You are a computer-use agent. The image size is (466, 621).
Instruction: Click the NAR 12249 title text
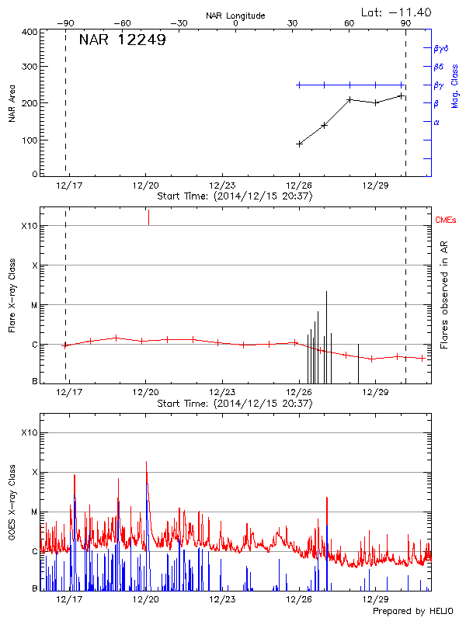click(x=122, y=40)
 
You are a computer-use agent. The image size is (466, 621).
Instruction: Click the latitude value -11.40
click(x=397, y=12)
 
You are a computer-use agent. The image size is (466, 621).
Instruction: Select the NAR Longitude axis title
click(x=235, y=16)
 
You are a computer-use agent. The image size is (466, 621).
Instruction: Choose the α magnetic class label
click(x=436, y=122)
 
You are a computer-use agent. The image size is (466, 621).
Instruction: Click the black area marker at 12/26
click(x=299, y=144)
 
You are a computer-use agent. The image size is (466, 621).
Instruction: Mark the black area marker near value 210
click(x=349, y=99)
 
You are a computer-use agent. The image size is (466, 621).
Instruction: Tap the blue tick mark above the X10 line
click(x=148, y=217)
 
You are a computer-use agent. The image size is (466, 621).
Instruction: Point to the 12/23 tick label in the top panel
click(x=222, y=186)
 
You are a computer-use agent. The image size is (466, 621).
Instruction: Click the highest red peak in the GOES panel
click(x=146, y=462)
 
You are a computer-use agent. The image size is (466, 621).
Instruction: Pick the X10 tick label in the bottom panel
click(x=29, y=432)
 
